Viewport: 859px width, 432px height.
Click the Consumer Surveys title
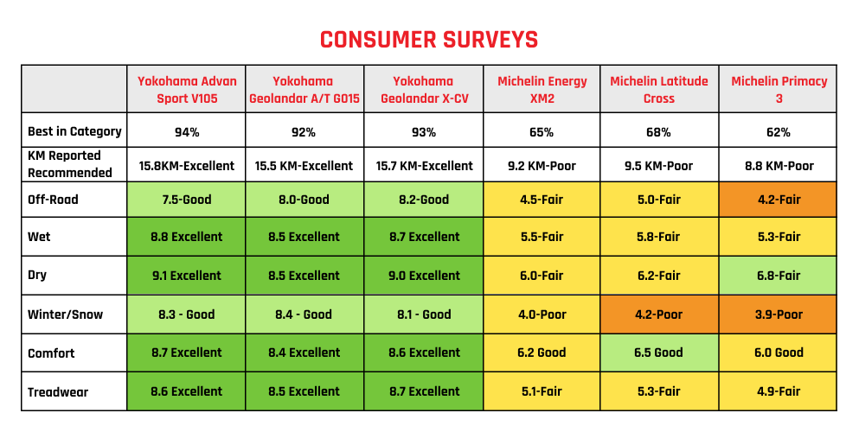pos(429,40)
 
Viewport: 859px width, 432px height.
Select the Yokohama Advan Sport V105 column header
pos(186,90)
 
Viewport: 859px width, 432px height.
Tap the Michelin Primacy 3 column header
pos(779,90)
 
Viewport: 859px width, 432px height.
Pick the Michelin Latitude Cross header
pos(658,90)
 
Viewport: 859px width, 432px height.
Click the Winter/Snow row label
pos(65,314)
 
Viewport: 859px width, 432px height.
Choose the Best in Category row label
pos(74,132)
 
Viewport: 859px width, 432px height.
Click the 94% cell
pos(186,132)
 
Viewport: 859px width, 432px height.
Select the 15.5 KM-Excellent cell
pos(304,165)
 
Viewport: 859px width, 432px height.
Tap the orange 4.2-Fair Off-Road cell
pos(779,200)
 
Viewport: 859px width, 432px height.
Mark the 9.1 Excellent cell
pos(186,276)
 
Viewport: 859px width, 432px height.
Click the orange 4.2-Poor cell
pos(658,314)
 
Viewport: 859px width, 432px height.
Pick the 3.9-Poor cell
pos(779,314)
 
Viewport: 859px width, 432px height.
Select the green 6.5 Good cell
pos(658,353)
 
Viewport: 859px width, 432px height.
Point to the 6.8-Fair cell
pos(779,276)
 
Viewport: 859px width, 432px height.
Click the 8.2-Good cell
pos(423,200)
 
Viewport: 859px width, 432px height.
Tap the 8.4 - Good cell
pos(304,314)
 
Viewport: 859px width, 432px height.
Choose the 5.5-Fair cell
pos(542,237)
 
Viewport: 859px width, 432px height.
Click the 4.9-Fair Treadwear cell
pos(779,391)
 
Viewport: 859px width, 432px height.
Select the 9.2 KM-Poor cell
pos(542,165)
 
